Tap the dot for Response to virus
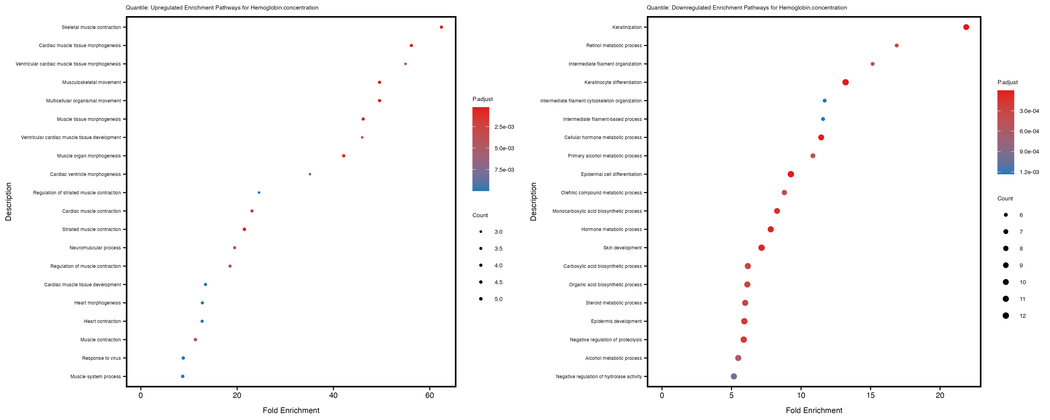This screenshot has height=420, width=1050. [183, 358]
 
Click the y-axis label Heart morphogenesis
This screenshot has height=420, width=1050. [98, 303]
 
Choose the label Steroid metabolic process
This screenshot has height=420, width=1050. [613, 303]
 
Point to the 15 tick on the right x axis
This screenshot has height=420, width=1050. [870, 395]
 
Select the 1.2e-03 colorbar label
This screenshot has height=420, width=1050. [1029, 172]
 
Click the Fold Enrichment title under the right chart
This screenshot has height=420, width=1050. [814, 410]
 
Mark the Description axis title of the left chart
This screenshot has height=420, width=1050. [9, 201]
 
